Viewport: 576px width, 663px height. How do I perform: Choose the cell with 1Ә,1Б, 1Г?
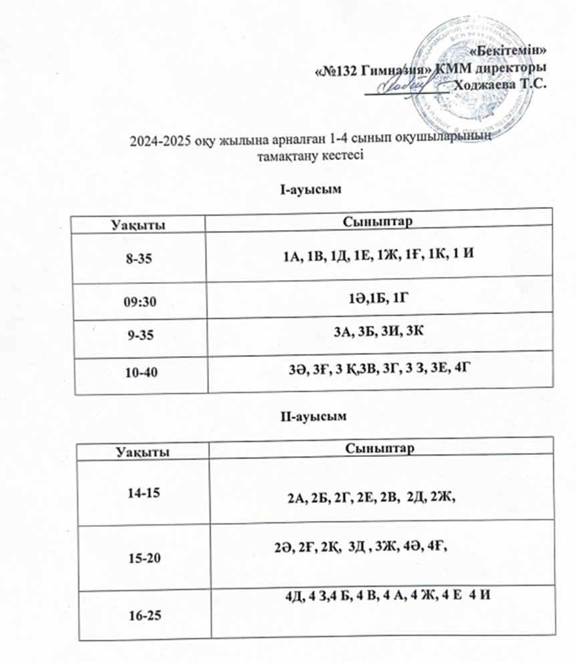[378, 301]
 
